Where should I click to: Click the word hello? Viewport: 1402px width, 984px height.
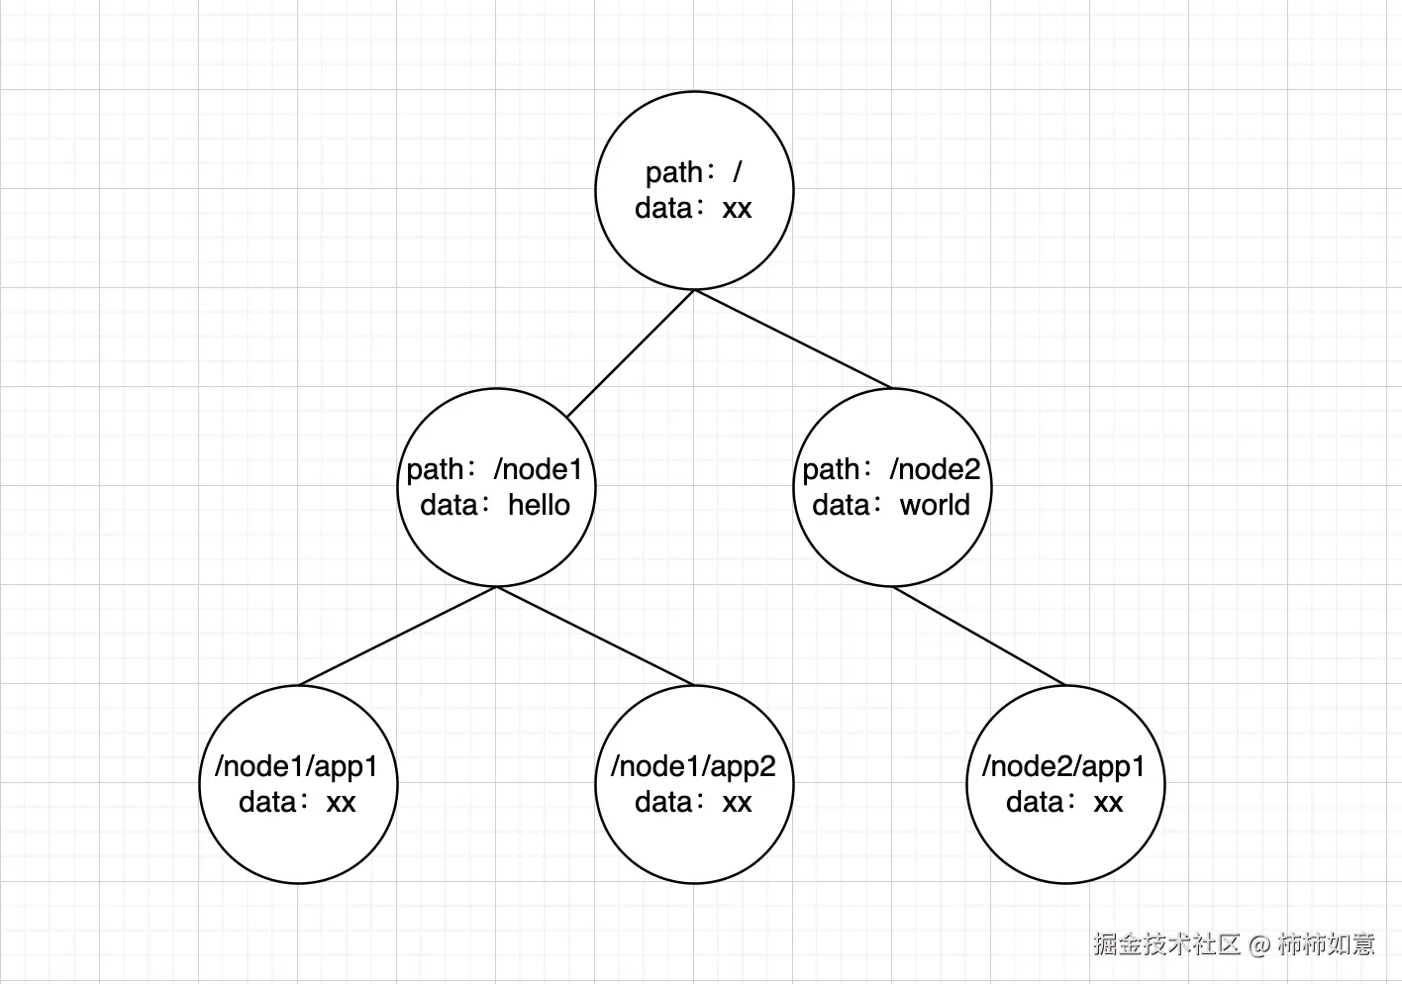coord(539,505)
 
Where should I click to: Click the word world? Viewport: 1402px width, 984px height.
coord(935,505)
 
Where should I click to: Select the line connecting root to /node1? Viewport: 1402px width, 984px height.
coord(630,353)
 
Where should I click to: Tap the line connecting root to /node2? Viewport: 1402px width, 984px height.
coord(792,338)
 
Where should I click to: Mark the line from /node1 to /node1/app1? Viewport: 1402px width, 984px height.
coord(396,636)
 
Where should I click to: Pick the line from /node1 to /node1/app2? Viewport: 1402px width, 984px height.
coord(594,636)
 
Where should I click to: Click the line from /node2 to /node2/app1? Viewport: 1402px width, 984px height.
coord(978,636)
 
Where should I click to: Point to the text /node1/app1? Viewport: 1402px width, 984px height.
coord(296,766)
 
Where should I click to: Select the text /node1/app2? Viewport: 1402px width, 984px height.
coord(693,766)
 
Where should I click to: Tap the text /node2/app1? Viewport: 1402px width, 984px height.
coord(1063,766)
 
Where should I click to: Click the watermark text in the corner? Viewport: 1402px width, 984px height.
coord(1234,943)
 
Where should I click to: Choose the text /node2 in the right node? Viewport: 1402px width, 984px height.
coord(935,469)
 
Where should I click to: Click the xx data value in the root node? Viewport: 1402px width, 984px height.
coord(737,209)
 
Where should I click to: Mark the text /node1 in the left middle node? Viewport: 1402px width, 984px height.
coord(539,469)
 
